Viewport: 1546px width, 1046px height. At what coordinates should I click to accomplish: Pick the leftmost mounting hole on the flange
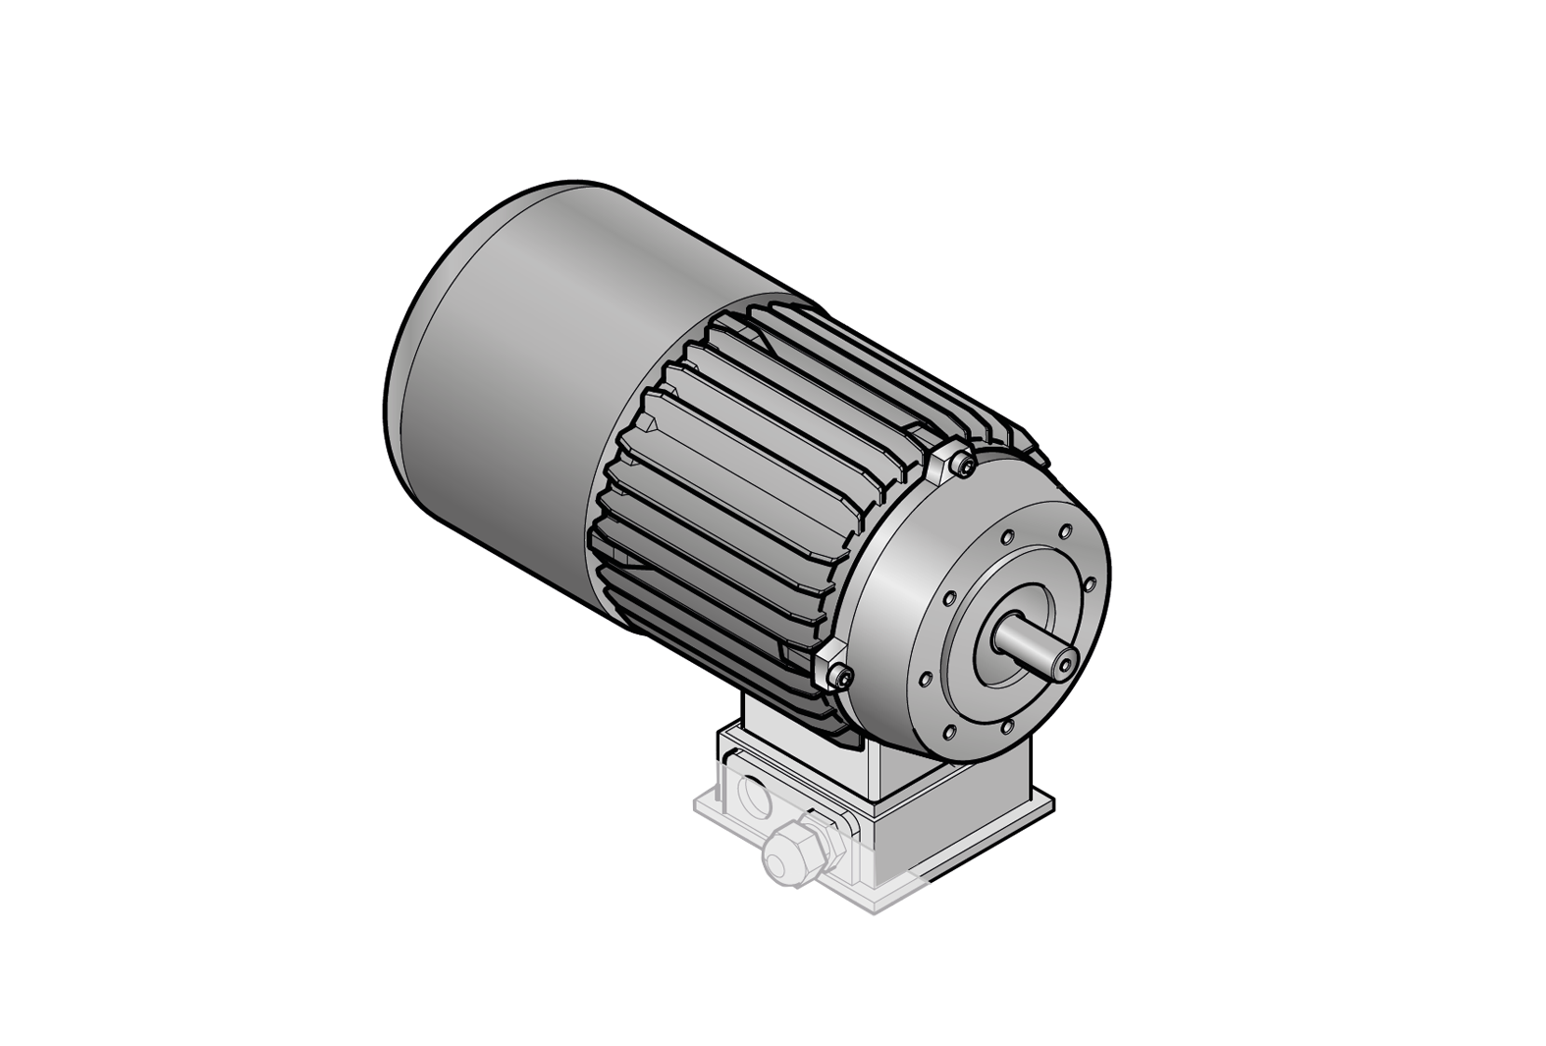[924, 679]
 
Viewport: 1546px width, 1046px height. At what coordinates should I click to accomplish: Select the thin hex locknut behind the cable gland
[821, 831]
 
